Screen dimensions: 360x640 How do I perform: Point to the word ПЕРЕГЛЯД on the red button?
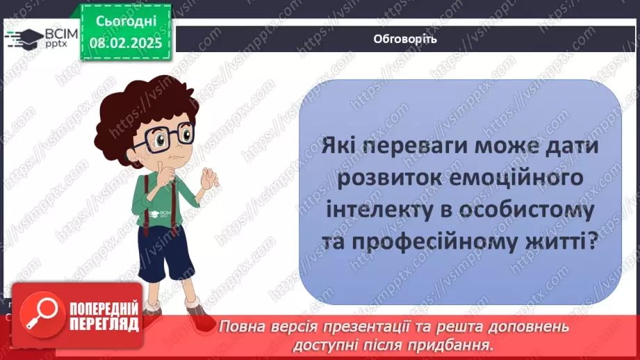[x=103, y=323]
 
